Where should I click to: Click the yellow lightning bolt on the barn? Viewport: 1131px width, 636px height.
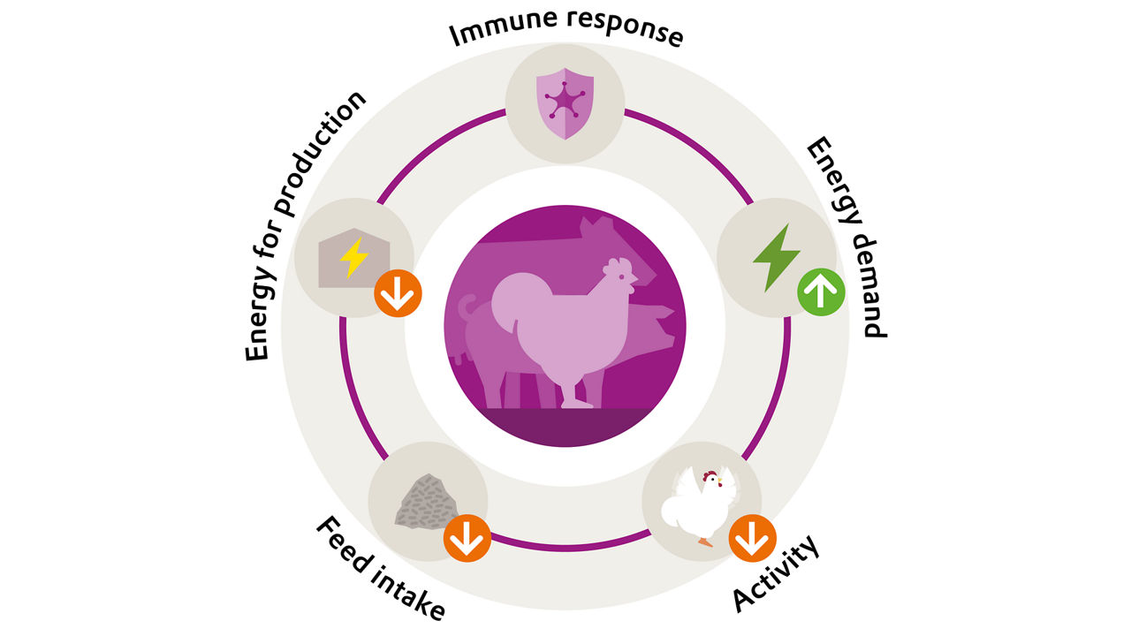[x=353, y=257]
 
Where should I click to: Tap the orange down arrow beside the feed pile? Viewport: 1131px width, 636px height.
[x=467, y=537]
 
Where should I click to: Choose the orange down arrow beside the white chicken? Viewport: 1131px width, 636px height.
[x=752, y=537]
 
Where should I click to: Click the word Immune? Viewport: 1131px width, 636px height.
[x=491, y=32]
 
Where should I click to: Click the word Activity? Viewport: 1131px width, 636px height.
[x=777, y=572]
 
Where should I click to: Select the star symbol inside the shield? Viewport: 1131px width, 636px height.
[x=565, y=102]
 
